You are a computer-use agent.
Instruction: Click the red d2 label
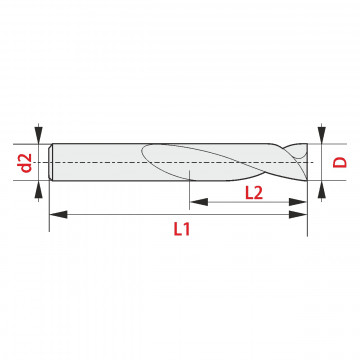(x=26, y=163)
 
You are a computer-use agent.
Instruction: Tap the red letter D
(x=340, y=163)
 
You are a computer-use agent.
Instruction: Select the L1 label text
(x=182, y=229)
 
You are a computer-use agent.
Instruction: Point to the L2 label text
(x=254, y=193)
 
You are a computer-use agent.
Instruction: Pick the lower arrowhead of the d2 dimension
(x=39, y=189)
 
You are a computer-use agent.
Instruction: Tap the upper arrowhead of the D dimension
(x=321, y=136)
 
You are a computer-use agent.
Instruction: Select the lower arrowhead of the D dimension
(x=321, y=189)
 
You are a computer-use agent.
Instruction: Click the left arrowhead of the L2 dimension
(x=199, y=202)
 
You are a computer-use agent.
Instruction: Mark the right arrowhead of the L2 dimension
(x=298, y=202)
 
